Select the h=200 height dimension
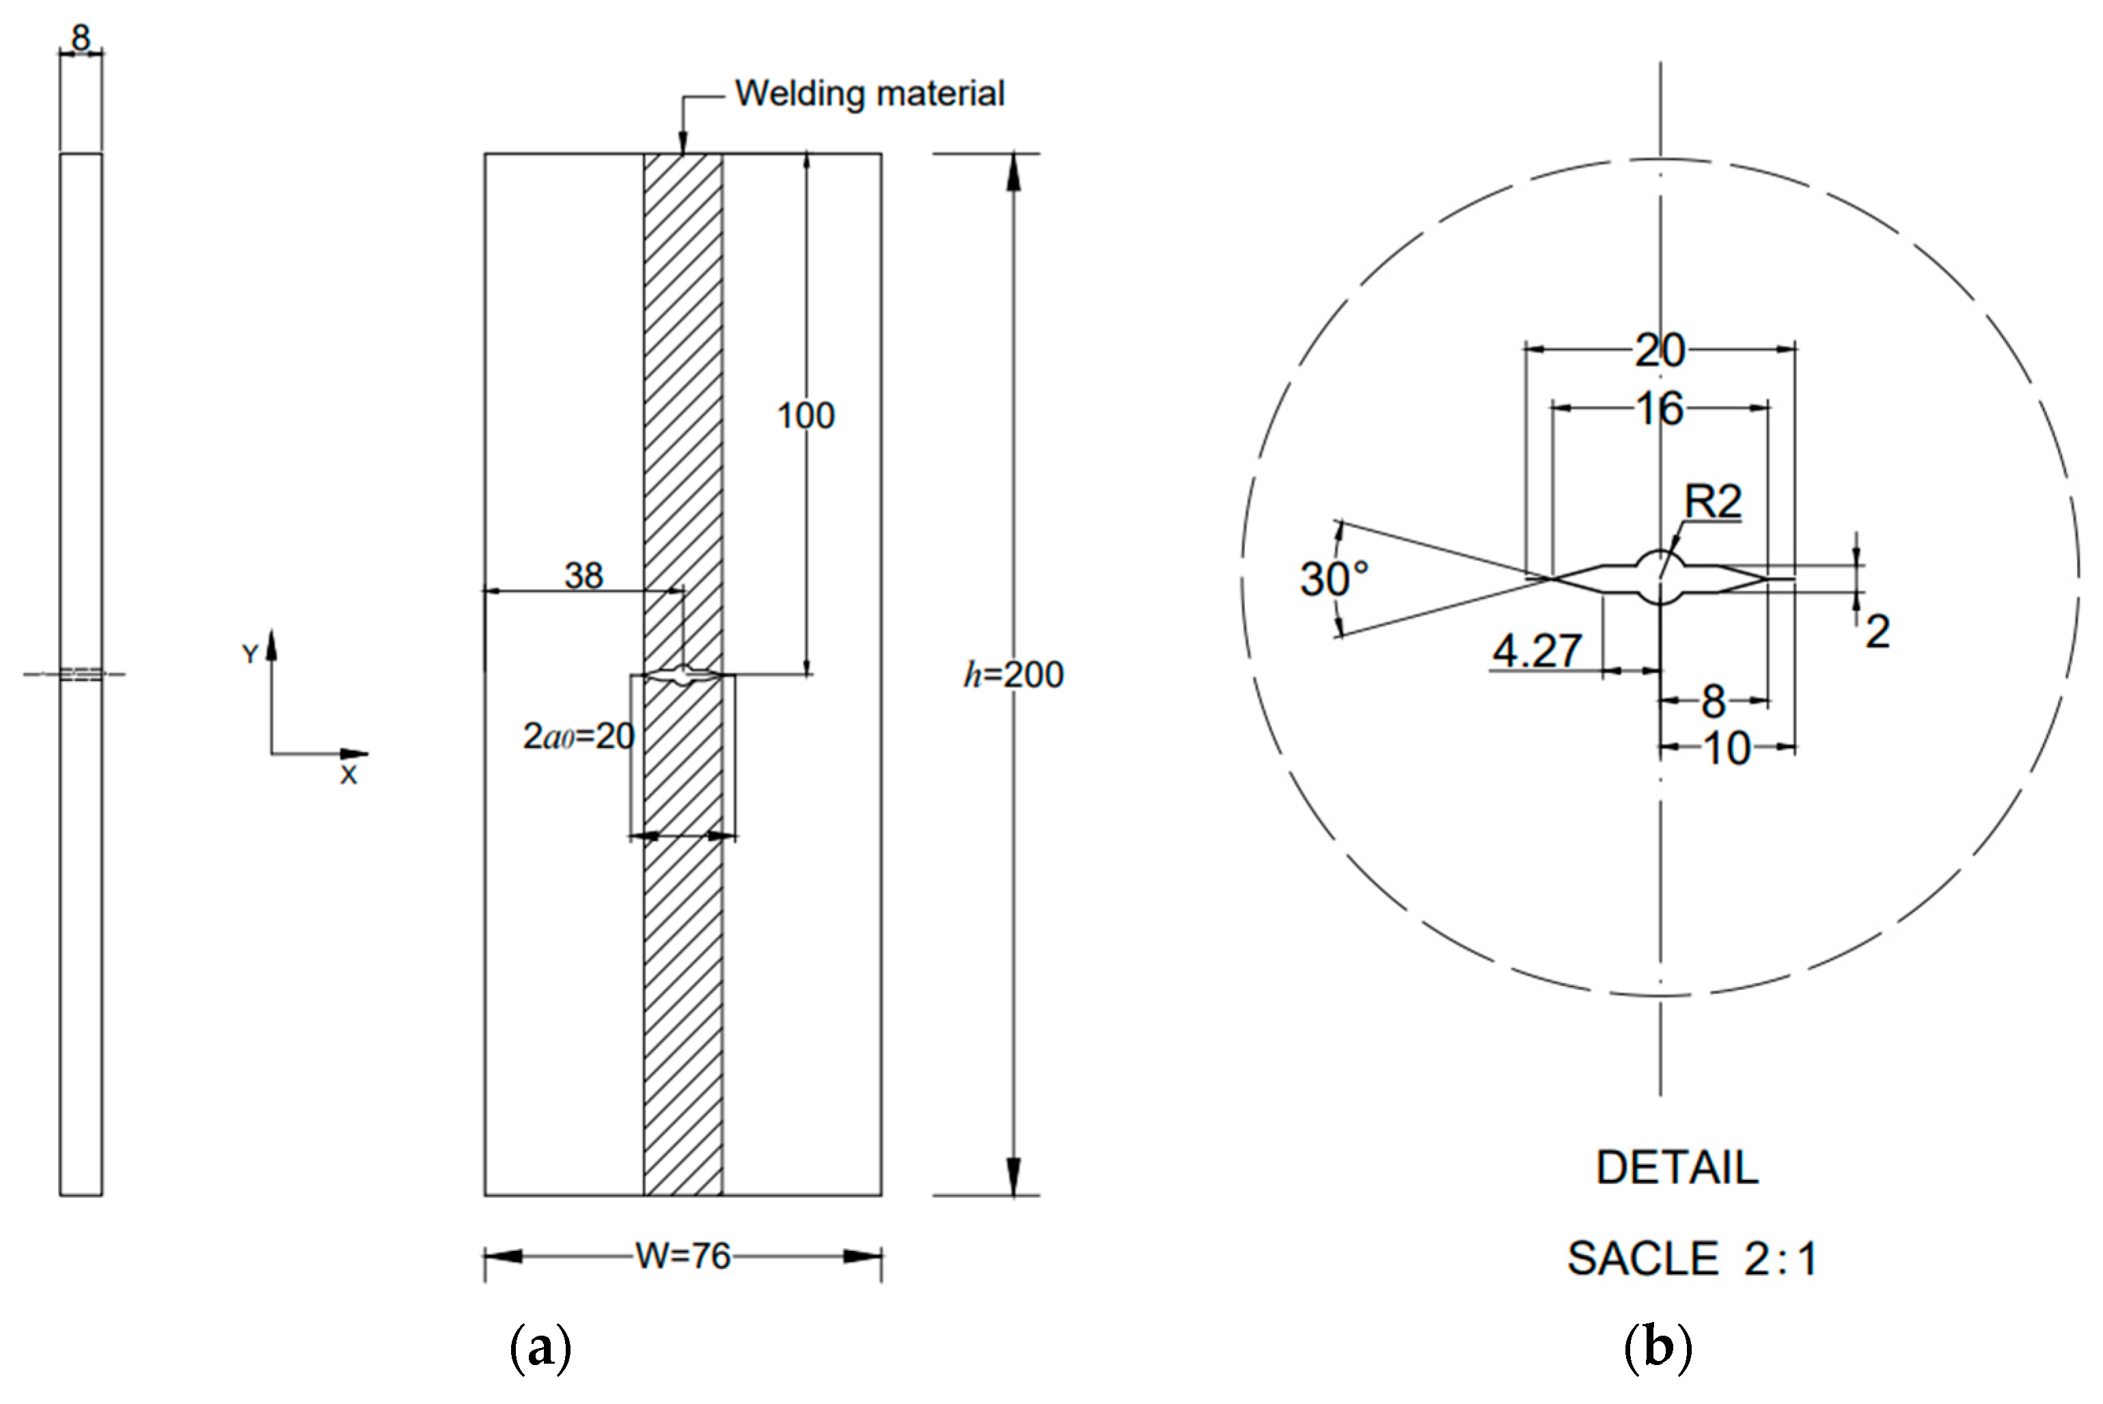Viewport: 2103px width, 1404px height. (1013, 675)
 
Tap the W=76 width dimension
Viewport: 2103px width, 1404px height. (683, 1256)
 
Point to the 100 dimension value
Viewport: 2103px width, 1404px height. (805, 415)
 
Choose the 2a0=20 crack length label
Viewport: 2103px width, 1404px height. (578, 736)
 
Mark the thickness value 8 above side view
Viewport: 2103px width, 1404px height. (81, 38)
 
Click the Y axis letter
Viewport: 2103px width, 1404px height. (250, 655)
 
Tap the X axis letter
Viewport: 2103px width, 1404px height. (348, 775)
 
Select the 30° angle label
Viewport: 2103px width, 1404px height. (1334, 579)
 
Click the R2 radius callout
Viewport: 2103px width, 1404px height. (1713, 501)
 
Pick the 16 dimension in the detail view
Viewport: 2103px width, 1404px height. (1660, 409)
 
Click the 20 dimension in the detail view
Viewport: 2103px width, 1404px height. (1660, 350)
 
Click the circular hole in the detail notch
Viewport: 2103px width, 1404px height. (1660, 577)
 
